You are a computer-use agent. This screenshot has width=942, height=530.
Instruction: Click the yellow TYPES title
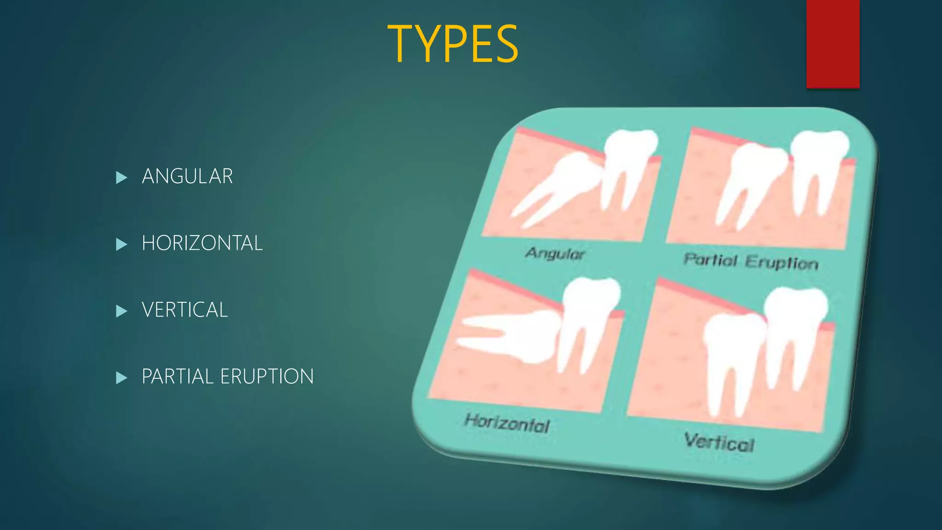pos(453,44)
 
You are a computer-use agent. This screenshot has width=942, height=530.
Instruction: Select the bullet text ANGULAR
pos(187,176)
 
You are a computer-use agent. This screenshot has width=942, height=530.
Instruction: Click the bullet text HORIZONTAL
pos(202,243)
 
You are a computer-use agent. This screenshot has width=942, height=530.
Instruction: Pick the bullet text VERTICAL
pos(184,310)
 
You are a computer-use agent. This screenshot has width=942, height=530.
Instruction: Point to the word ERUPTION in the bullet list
pos(267,376)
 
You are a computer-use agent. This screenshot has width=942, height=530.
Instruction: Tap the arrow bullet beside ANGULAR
pos(121,177)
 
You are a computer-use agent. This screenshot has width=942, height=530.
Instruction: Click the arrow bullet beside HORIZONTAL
pos(121,244)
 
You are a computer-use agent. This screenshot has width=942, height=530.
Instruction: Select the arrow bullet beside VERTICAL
pos(121,311)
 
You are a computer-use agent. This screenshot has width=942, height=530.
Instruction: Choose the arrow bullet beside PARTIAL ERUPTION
pos(121,378)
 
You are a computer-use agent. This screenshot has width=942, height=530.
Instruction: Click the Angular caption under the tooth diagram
pos(555,253)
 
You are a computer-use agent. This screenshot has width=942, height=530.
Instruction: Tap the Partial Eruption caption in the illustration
pos(751,261)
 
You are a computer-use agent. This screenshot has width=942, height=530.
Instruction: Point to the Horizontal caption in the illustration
pos(507,423)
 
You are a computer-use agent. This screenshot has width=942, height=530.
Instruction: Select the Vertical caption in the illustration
pos(719,442)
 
